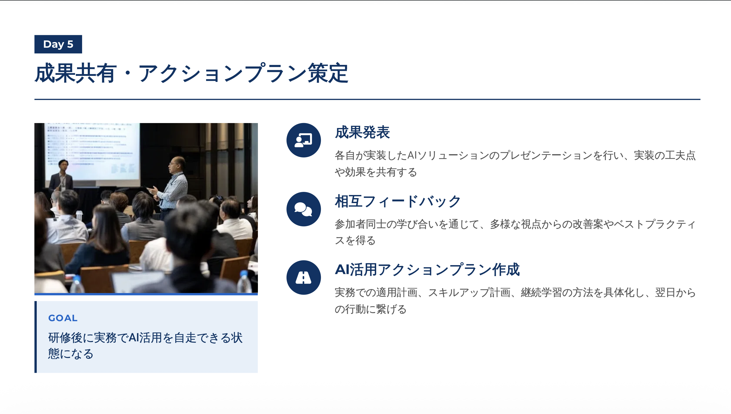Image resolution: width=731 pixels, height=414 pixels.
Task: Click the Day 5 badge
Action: pyautogui.click(x=58, y=44)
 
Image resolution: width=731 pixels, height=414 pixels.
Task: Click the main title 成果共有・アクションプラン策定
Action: pyautogui.click(x=191, y=73)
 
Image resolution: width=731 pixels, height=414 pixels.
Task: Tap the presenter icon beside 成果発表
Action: pyautogui.click(x=303, y=140)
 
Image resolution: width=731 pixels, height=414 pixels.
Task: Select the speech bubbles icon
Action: pyautogui.click(x=303, y=209)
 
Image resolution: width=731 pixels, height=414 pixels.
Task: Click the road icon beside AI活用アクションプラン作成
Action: pyautogui.click(x=303, y=277)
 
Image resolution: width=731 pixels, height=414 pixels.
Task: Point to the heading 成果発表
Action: pyautogui.click(x=362, y=132)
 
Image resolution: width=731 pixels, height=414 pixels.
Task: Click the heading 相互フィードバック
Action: pyautogui.click(x=398, y=201)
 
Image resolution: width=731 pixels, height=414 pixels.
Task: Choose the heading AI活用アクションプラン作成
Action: pyautogui.click(x=427, y=270)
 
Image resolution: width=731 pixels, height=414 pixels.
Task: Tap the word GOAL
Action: pyautogui.click(x=63, y=318)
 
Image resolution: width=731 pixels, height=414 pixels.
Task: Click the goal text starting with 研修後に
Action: pyautogui.click(x=145, y=345)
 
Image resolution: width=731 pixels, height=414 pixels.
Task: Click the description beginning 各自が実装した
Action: pyautogui.click(x=515, y=164)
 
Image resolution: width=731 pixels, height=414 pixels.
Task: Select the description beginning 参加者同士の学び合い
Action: pyautogui.click(x=515, y=232)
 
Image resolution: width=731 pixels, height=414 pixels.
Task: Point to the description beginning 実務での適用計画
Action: pyautogui.click(x=515, y=301)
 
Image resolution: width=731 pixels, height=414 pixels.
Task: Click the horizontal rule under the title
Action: pyautogui.click(x=367, y=99)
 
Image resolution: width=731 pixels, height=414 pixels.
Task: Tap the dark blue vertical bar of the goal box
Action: pyautogui.click(x=35, y=337)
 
